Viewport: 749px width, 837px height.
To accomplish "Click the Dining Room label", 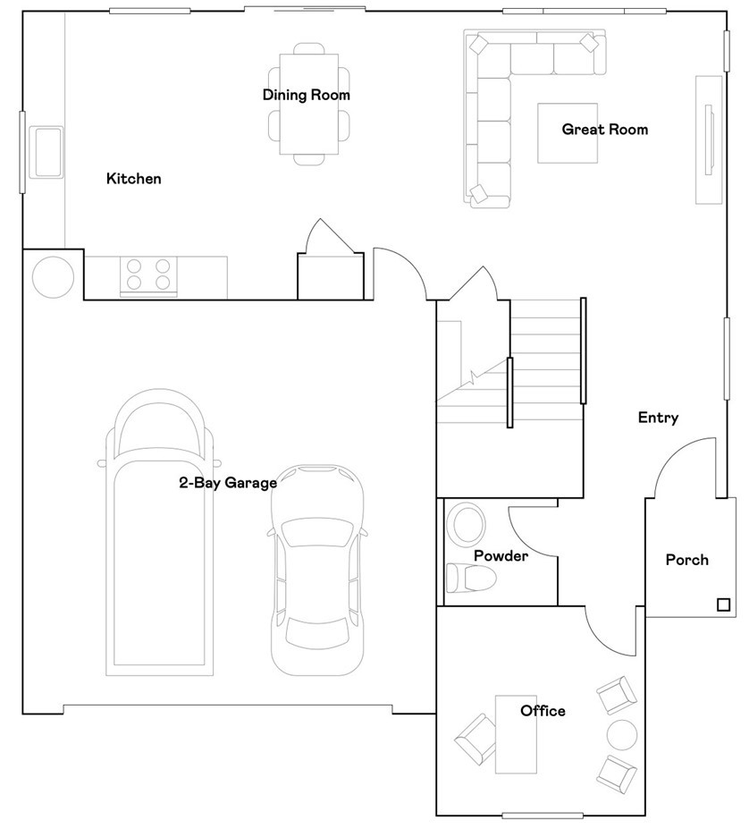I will point(306,95).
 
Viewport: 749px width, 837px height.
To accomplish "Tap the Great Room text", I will point(604,130).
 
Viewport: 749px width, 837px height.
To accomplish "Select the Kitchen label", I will point(134,179).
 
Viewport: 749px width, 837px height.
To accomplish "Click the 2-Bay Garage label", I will point(228,483).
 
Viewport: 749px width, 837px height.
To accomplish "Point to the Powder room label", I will point(501,556).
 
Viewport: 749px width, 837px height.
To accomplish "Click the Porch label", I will point(686,561).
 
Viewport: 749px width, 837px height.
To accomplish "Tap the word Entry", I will point(658,418).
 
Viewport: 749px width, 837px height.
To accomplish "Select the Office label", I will point(543,711).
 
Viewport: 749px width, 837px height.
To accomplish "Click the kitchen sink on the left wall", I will point(46,150).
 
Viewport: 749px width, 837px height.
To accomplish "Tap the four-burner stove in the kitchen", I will point(148,275).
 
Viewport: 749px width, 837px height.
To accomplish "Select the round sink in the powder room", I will point(466,523).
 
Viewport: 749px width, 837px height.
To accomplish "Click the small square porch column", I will point(722,605).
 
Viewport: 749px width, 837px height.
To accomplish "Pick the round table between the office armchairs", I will point(622,734).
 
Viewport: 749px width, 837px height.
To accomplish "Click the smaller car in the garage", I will point(317,572).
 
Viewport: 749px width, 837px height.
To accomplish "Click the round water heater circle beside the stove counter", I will point(53,277).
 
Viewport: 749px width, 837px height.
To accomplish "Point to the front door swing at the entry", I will point(684,465).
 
